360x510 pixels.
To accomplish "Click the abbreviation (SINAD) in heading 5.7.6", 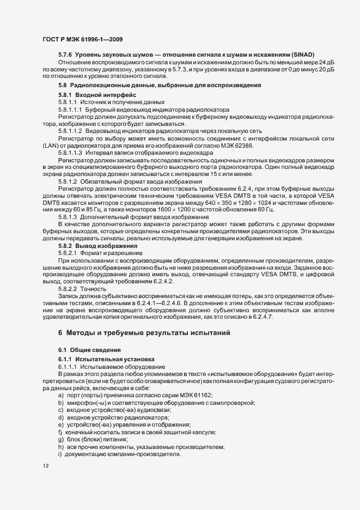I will click(294, 55).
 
